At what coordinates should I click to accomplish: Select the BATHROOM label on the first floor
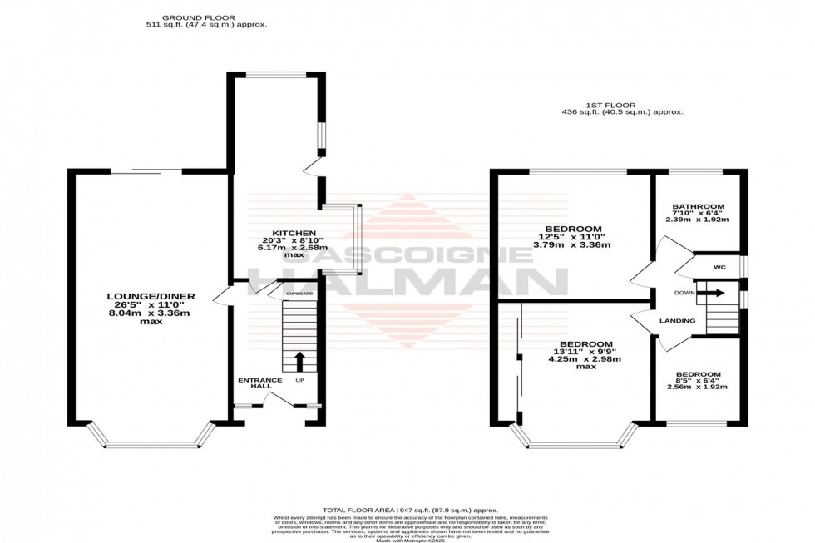click(x=698, y=206)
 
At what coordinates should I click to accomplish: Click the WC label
click(x=719, y=268)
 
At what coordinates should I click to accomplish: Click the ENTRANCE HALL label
click(x=259, y=380)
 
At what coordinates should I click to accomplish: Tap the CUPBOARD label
click(x=299, y=294)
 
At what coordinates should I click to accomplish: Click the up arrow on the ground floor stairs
click(x=299, y=360)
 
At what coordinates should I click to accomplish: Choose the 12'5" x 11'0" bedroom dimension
click(x=573, y=238)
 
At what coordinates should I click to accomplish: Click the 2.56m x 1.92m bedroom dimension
click(x=698, y=387)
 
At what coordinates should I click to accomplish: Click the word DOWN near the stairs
click(x=684, y=293)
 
